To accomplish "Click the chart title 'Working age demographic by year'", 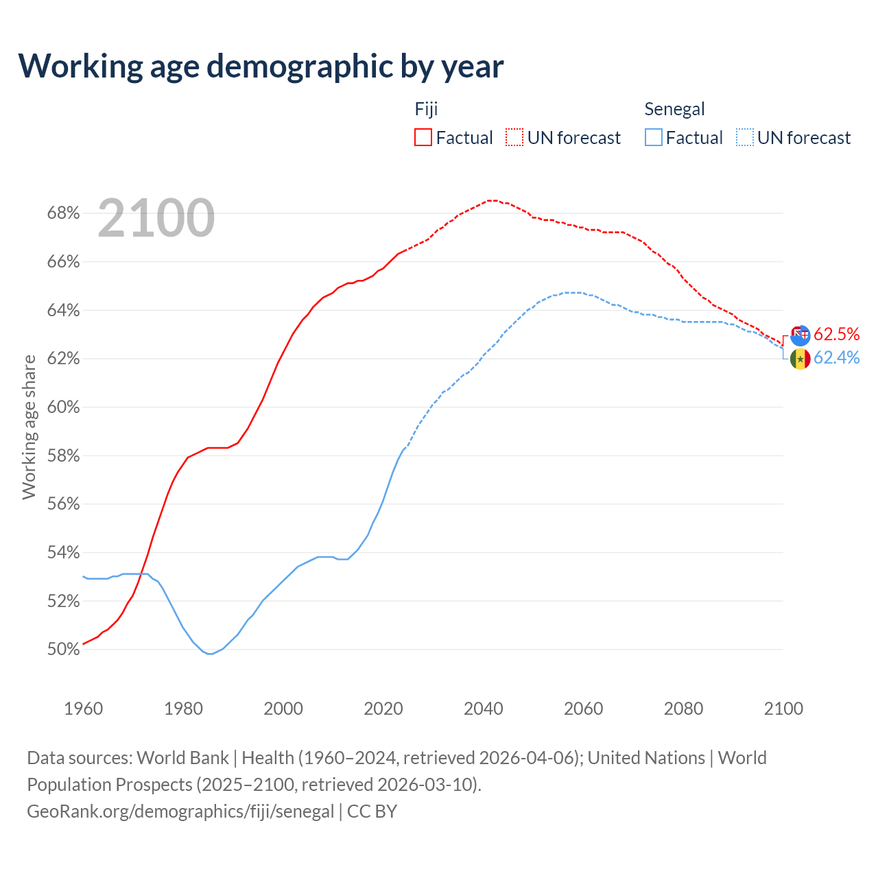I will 261,66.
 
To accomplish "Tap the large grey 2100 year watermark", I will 156,218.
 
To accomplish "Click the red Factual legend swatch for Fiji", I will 423,138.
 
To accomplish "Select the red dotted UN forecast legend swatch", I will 514,138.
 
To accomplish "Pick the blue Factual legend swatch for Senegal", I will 654,138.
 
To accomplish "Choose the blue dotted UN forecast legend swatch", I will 744,138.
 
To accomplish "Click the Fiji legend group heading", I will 426,109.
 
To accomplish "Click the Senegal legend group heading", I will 674,109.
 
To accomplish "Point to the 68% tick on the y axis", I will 63,213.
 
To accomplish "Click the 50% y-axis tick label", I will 63,649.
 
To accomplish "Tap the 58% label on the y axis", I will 63,455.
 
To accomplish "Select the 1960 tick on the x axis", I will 84,709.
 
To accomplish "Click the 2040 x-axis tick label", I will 484,709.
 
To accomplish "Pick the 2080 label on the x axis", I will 683,709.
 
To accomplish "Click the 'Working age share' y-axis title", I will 29,427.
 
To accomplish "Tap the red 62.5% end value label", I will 836,334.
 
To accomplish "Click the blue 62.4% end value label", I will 836,357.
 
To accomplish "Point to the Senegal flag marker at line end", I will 800,359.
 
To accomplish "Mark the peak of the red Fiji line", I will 492,200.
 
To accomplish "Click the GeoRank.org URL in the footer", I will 180,811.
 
